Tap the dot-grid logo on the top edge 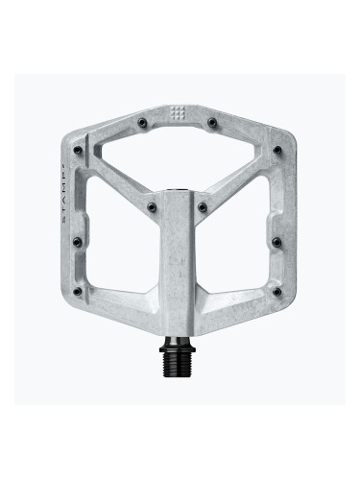(x=180, y=113)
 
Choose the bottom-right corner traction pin (x=277, y=291)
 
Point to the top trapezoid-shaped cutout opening (x=180, y=158)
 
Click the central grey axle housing (x=180, y=259)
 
